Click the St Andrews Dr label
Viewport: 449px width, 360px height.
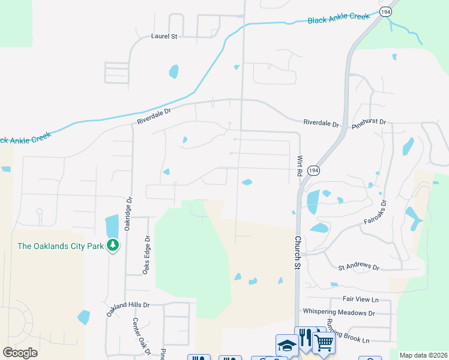tap(359, 266)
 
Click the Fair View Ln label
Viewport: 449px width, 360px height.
tap(361, 299)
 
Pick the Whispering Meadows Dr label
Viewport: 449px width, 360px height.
tap(339, 312)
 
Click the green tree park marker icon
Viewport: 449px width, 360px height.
tap(112, 245)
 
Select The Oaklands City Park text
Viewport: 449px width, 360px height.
tap(60, 245)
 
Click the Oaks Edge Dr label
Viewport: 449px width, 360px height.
tap(145, 256)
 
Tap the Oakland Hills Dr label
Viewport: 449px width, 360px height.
tap(128, 308)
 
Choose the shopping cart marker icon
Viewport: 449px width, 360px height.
tap(324, 343)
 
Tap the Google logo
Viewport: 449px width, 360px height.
tap(20, 353)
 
